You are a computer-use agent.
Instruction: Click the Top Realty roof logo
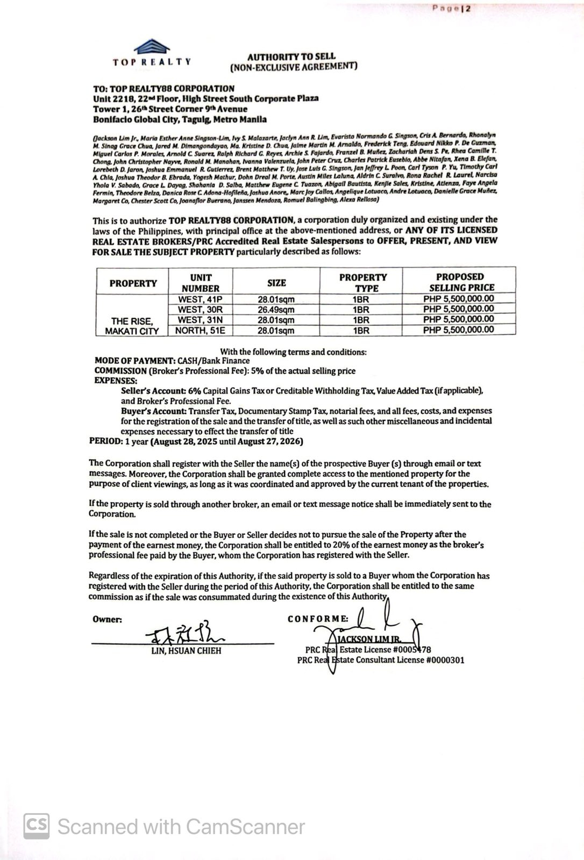pos(153,46)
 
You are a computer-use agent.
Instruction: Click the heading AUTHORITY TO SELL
pos(291,56)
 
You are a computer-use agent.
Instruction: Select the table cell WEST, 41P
pos(200,299)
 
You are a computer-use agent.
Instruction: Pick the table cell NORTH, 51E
pos(200,331)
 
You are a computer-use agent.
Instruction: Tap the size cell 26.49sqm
pos(276,310)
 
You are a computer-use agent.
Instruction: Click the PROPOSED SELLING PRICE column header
pos(459,282)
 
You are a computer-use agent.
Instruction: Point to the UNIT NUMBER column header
pos(200,283)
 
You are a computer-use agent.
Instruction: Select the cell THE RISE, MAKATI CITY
pos(132,326)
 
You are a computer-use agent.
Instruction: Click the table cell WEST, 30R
pos(200,310)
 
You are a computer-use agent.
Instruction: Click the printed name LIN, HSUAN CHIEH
pos(186,651)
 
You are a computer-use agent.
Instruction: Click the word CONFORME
pos(318,619)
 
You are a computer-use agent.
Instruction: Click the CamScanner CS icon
pos(36,825)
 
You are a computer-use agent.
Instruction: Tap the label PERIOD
pos(105,442)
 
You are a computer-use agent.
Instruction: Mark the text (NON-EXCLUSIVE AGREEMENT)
pos(293,67)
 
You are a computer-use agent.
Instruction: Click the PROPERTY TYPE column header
pos(363,283)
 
